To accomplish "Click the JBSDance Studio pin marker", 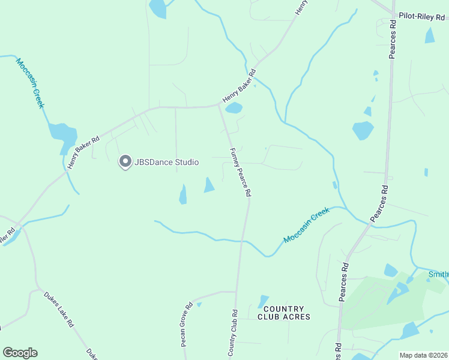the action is pos(125,161).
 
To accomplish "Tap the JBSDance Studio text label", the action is pos(166,162).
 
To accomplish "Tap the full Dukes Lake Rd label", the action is pos(58,309).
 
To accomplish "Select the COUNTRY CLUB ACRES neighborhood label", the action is pos(284,313).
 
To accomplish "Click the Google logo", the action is pos(20,353).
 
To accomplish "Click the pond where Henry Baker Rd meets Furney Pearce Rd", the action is pos(234,109).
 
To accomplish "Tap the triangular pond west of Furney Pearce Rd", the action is pos(209,185).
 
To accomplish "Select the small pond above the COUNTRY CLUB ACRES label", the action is pos(263,301).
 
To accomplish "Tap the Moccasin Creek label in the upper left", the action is pos(30,83).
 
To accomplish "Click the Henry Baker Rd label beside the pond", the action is pos(239,85).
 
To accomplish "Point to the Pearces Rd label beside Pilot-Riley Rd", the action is pos(393,39).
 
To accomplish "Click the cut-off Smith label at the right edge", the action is pos(438,275).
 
